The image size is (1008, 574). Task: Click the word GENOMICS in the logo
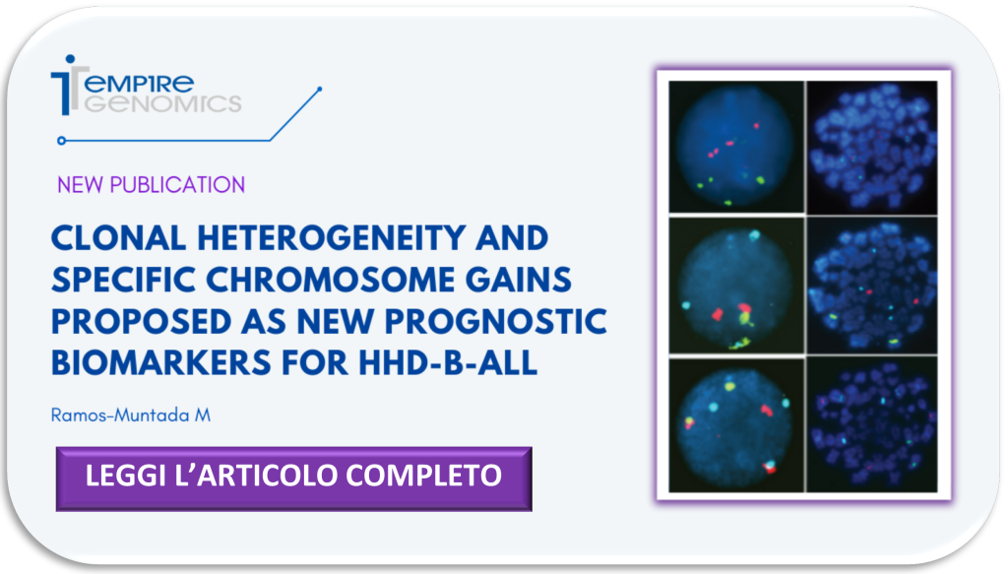163,103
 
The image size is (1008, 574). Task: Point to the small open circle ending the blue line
62,140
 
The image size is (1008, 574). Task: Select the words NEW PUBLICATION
151,185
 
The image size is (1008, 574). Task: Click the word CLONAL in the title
118,238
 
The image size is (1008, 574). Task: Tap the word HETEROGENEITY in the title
331,238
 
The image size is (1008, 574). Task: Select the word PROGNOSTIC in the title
496,321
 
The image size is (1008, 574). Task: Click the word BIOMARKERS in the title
160,363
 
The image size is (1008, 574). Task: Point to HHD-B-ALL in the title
448,363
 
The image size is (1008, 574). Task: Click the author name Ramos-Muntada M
131,415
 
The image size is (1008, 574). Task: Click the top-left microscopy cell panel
736,147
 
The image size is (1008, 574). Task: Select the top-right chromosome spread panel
872,148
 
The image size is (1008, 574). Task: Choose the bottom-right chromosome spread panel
872,425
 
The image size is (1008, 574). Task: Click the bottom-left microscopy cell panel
736,425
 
